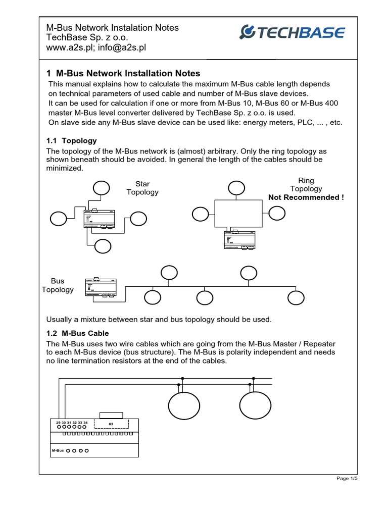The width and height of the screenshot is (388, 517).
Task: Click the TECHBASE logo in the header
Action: (292, 33)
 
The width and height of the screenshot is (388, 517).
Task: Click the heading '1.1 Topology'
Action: (71, 140)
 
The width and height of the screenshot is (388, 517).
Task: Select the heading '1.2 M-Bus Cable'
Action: (77, 333)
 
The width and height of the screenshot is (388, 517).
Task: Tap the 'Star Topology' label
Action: (142, 188)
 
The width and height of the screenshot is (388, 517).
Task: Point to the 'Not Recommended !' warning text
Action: (306, 197)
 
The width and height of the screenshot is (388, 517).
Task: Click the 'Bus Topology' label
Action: (57, 285)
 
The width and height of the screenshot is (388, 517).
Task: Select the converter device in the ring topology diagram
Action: (239, 239)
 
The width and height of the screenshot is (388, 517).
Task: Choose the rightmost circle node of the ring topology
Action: (277, 213)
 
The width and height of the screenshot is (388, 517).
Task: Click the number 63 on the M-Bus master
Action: (112, 423)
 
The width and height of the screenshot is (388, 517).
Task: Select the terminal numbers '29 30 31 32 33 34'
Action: (71, 422)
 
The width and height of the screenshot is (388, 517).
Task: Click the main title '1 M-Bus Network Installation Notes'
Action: (123, 73)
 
